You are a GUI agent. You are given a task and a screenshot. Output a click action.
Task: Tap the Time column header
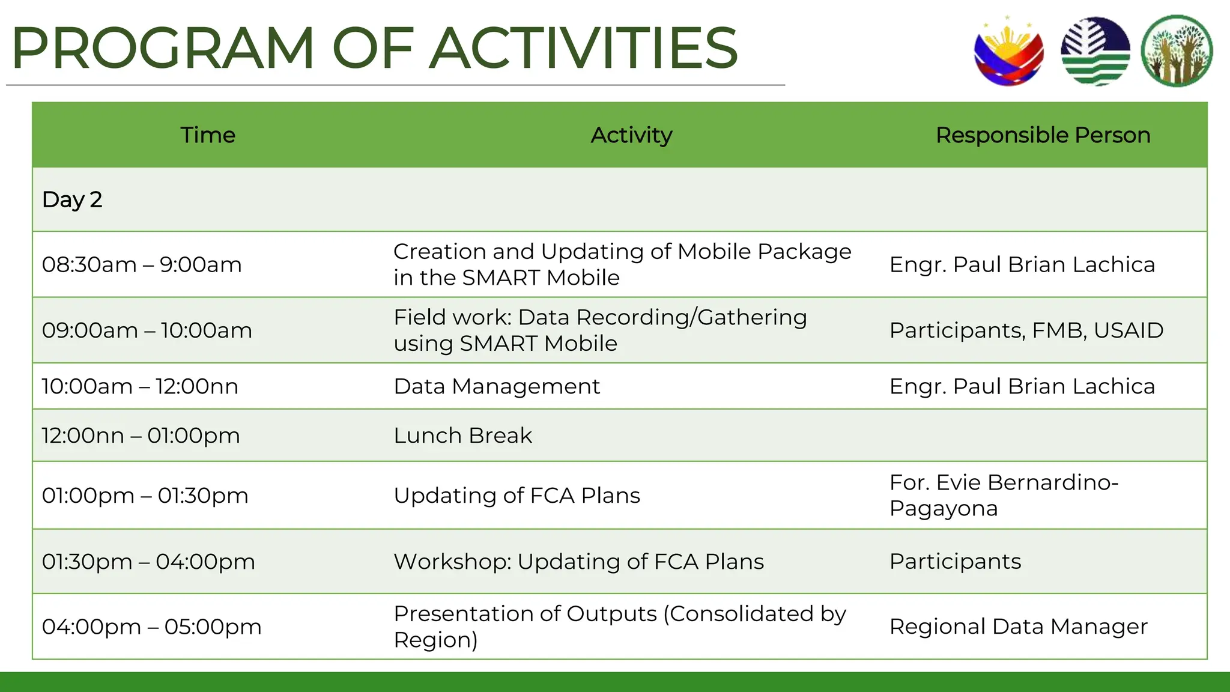tap(208, 135)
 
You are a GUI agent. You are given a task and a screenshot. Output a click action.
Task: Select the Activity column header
tap(631, 135)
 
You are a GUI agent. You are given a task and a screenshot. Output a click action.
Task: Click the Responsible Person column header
tap(1043, 135)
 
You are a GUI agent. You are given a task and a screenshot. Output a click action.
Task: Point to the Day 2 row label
tap(72, 199)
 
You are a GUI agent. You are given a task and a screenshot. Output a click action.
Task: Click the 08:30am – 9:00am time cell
tap(142, 264)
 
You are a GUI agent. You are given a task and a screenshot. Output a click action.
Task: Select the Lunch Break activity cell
tap(462, 436)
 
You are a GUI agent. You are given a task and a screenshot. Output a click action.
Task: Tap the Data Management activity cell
tap(497, 386)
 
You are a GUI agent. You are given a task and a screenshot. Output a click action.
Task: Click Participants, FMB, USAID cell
tap(1026, 330)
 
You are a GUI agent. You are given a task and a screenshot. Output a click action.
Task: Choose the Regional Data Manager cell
tap(1018, 627)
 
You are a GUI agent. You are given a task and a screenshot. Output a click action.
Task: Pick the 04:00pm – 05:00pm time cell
tap(151, 627)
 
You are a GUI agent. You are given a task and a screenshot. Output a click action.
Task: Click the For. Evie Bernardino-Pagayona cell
tap(1003, 495)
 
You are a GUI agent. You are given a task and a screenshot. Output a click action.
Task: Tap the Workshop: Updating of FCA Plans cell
tap(578, 562)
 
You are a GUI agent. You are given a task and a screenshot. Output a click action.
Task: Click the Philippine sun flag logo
tap(1008, 52)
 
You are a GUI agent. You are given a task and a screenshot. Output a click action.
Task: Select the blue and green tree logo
tap(1095, 52)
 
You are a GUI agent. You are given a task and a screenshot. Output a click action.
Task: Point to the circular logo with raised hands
tap(1177, 52)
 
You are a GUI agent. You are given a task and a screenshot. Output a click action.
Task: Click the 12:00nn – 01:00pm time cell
tap(141, 436)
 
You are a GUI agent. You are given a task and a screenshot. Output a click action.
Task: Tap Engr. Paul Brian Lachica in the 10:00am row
tap(1022, 386)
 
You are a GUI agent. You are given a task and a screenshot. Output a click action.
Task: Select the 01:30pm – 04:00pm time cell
tap(148, 562)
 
